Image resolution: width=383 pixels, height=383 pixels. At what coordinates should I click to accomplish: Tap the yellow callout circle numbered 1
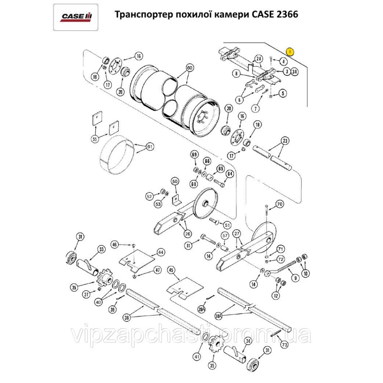290,51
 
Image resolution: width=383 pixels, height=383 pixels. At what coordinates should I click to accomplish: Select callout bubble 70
279,205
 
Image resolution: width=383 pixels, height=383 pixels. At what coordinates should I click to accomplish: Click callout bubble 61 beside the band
149,147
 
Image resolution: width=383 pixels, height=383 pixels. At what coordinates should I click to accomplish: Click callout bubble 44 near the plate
160,252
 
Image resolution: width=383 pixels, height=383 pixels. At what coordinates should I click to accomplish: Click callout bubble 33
101,250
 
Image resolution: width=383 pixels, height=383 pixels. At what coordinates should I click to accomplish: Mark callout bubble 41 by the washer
196,357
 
